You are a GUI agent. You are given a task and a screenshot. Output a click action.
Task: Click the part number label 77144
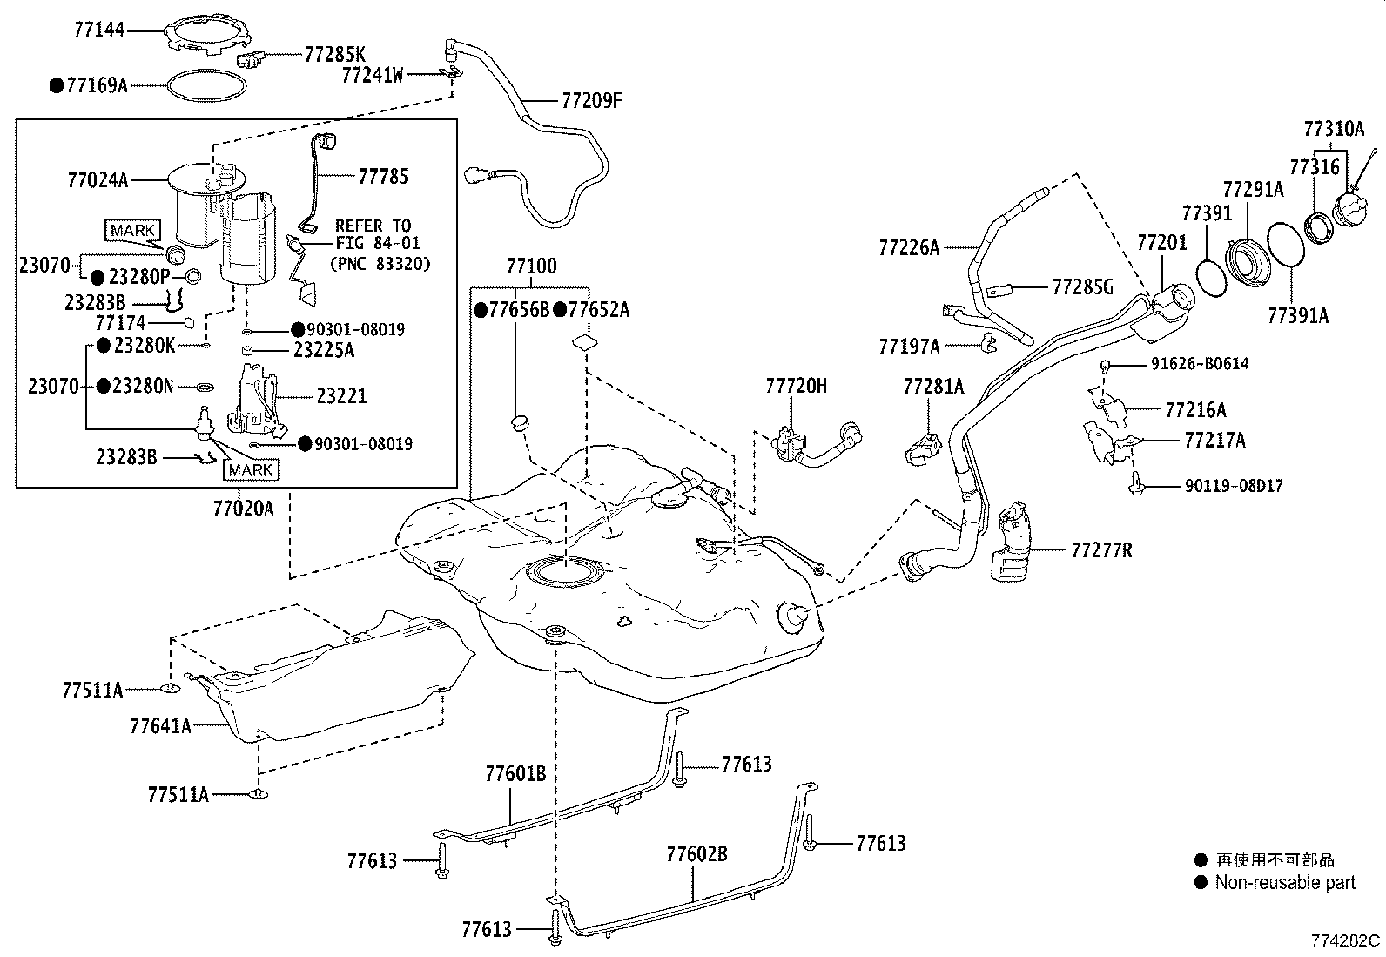coord(99,30)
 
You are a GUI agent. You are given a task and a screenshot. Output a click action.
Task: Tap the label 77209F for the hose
coord(592,100)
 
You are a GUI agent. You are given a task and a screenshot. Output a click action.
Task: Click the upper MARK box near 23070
coord(133,230)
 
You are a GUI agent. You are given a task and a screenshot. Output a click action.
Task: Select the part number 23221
coord(341,396)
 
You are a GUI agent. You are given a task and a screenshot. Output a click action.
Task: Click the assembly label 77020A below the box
coord(243,507)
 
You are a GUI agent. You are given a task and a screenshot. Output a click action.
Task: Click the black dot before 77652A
coord(562,309)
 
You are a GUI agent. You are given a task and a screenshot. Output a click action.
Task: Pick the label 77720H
coord(797,386)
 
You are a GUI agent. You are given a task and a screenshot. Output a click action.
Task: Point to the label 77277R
coord(1101,549)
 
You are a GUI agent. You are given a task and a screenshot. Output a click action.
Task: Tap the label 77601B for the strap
coord(515,773)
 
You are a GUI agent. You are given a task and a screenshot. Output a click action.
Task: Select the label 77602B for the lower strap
coord(696,853)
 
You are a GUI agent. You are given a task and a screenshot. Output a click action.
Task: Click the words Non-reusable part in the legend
coord(1285,882)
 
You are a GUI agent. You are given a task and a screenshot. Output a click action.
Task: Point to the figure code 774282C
coord(1346,940)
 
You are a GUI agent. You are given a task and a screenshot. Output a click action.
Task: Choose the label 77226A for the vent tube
coord(909,248)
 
